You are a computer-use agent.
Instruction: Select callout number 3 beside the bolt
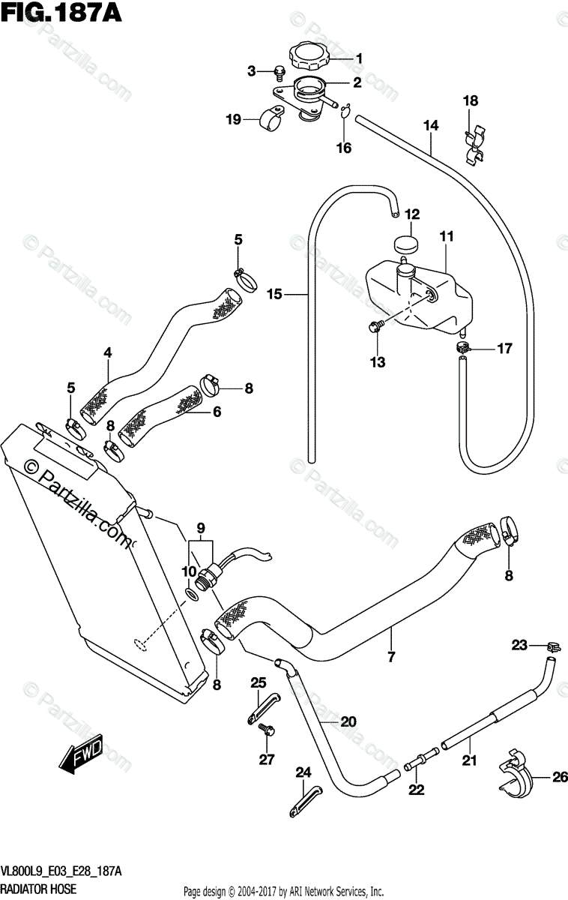tap(253, 71)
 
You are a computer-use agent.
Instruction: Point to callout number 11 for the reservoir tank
tap(447, 236)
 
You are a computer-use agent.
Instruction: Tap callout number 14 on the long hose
tap(430, 125)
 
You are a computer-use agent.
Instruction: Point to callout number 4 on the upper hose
tap(107, 352)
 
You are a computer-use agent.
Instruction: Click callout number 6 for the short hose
tap(217, 411)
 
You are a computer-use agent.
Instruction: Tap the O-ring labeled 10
tap(192, 595)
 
